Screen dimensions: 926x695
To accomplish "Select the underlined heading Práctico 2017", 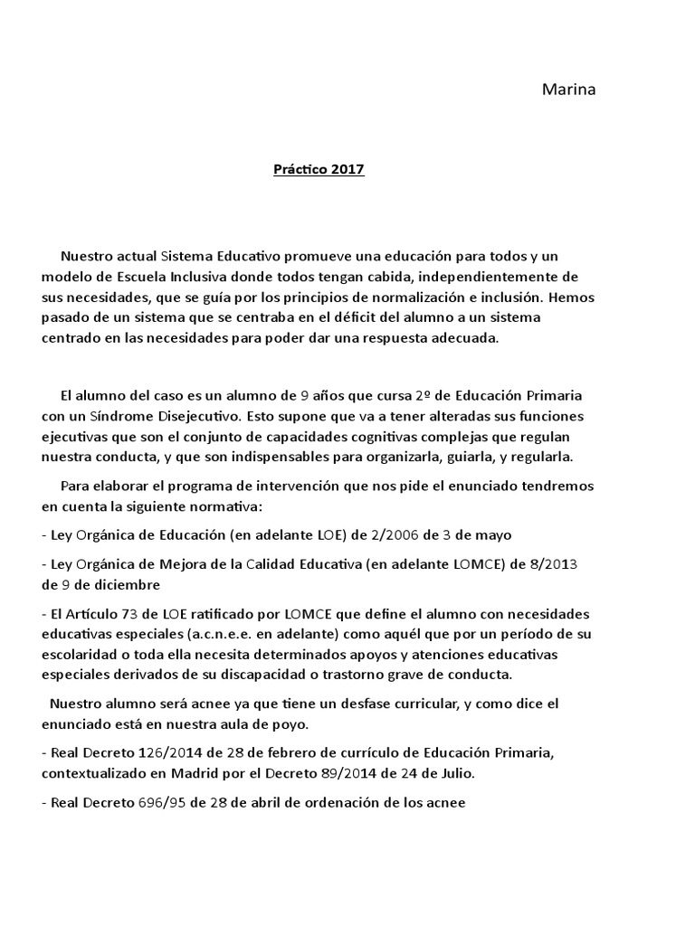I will pos(319,169).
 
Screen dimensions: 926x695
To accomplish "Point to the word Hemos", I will pos(574,297).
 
